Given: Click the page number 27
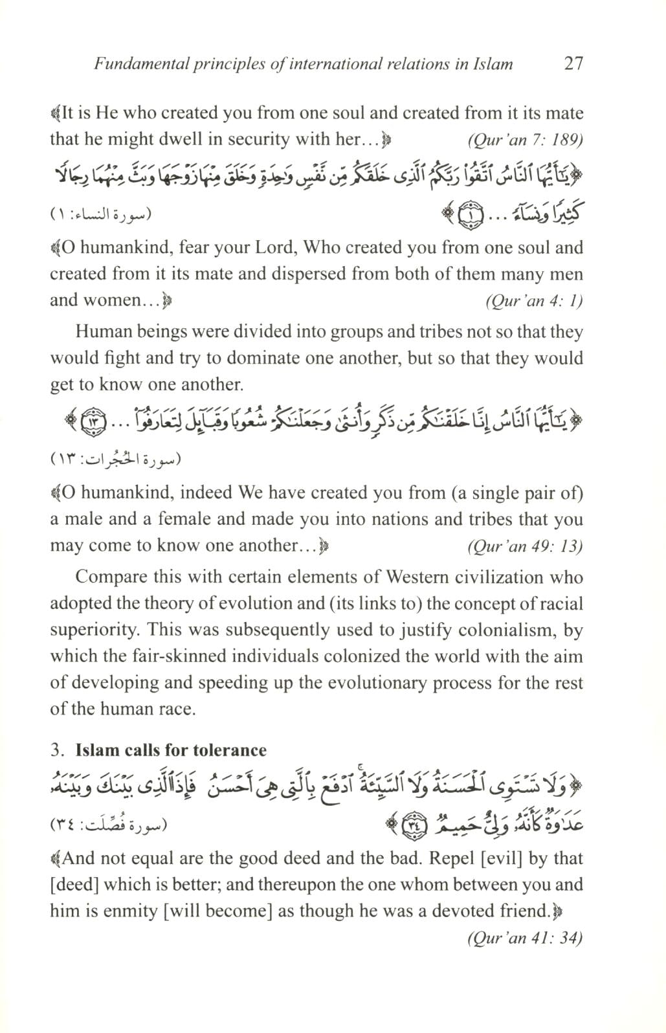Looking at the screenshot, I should [573, 63].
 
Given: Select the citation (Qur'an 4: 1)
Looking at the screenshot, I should [534, 301].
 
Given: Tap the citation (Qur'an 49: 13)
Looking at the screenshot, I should [525, 546].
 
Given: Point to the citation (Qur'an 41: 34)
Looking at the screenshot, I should [525, 938].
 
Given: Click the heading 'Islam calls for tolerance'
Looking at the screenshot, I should [171, 750].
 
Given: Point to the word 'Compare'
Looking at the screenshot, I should [106, 577].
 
